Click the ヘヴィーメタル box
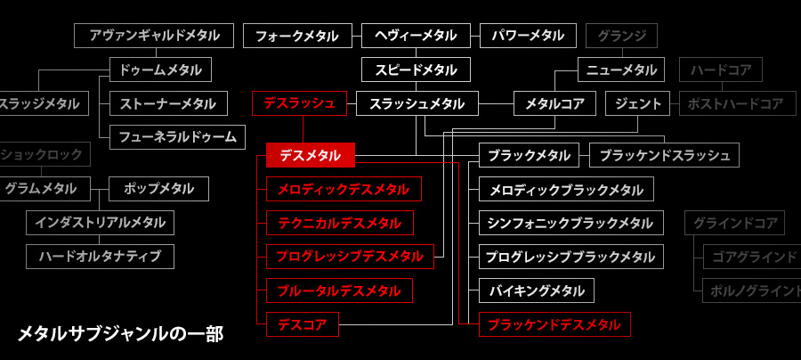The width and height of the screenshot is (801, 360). pyautogui.click(x=416, y=36)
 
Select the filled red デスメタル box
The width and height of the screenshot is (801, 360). pyautogui.click(x=311, y=155)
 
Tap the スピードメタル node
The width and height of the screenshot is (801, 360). pyautogui.click(x=416, y=70)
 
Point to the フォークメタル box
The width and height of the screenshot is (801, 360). pyautogui.click(x=296, y=36)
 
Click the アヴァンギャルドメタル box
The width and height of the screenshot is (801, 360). pyautogui.click(x=154, y=36)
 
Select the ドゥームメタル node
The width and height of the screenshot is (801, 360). pyautogui.click(x=160, y=70)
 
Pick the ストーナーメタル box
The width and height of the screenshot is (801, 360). pyautogui.click(x=168, y=103)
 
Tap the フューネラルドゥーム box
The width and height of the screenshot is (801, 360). pyautogui.click(x=177, y=136)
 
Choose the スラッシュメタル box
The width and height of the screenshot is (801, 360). pyautogui.click(x=417, y=103)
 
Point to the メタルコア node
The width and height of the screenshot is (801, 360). pyautogui.click(x=554, y=103)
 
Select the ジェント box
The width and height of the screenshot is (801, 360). pyautogui.click(x=638, y=103)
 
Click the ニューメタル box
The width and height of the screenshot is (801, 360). pyautogui.click(x=621, y=70)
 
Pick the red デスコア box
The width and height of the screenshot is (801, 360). pyautogui.click(x=303, y=324)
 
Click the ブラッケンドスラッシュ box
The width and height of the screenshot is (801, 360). pyautogui.click(x=664, y=155)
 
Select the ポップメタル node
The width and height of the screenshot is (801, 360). pyautogui.click(x=158, y=189)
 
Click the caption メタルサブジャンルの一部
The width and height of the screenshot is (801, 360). pyautogui.click(x=120, y=334)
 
